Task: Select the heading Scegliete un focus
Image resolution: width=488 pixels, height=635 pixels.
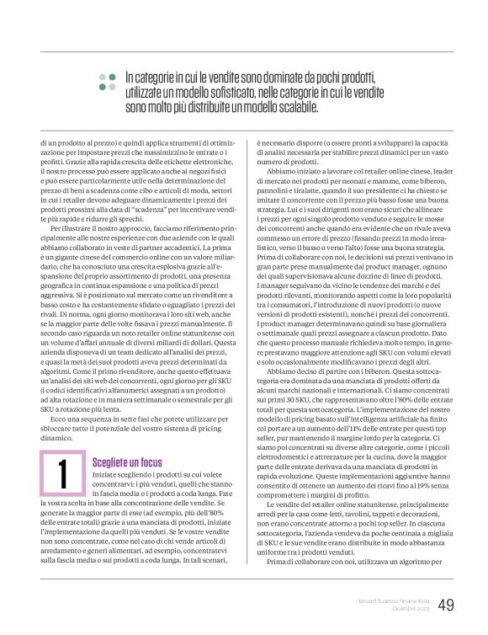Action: tap(126, 462)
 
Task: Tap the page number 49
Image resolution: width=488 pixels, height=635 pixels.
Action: tap(446, 605)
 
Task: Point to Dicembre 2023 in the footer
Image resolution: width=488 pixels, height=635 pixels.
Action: tap(410, 610)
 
